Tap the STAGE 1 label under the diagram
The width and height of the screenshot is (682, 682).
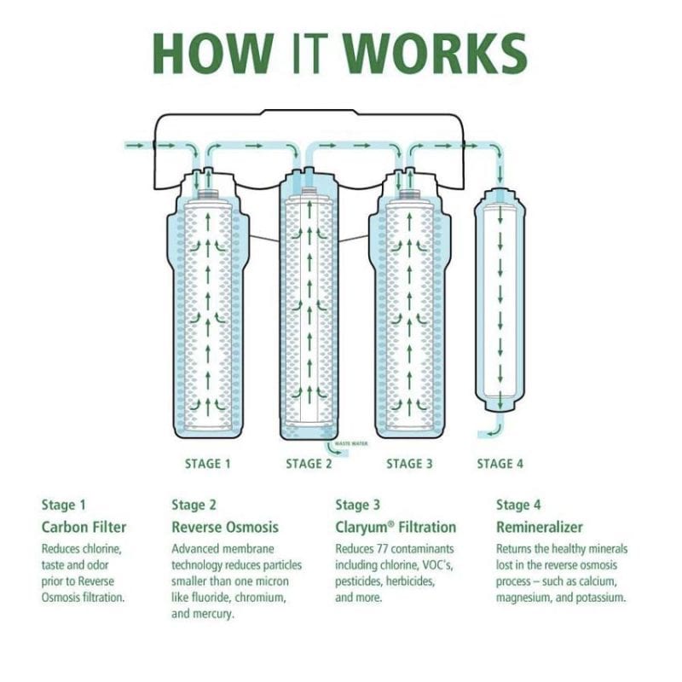208,464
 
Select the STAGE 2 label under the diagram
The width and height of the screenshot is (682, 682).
309,464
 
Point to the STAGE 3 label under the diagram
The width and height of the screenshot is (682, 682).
409,464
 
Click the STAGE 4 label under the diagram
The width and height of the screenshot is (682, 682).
500,464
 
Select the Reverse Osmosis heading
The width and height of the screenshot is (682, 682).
225,527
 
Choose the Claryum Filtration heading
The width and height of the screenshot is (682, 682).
396,527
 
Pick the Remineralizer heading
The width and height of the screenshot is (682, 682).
539,527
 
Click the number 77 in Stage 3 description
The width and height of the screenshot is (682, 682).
388,548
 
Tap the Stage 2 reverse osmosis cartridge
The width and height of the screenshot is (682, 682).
308,307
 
